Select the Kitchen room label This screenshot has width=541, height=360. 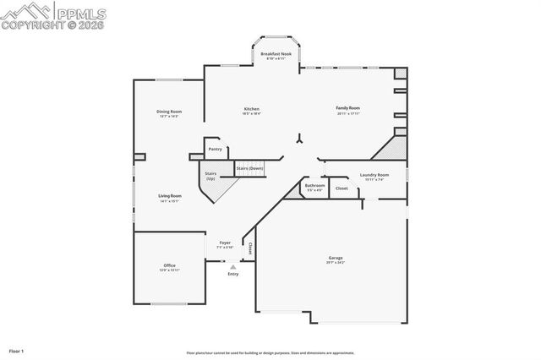tap(251, 110)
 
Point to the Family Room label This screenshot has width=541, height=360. tap(348, 109)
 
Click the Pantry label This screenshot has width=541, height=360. tap(215, 149)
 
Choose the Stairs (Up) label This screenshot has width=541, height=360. tap(210, 175)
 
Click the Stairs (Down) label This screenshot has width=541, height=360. tap(249, 168)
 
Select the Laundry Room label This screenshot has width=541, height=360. tap(374, 176)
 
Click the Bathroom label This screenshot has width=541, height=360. tap(315, 186)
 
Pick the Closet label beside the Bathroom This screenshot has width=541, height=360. tap(341, 188)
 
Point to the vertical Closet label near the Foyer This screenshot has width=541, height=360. tap(250, 248)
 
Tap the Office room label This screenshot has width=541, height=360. tap(170, 267)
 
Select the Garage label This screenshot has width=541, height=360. tap(336, 259)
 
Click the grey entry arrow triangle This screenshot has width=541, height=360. tap(233, 266)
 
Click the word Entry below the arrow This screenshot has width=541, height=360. tap(233, 274)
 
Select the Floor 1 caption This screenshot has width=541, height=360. tap(17, 350)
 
